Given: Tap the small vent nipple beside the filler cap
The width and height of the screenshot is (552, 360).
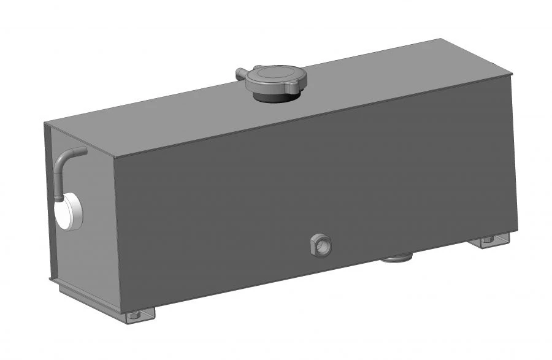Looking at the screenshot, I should (x=241, y=74).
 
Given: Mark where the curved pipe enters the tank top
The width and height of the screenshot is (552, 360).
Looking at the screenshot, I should (x=83, y=150).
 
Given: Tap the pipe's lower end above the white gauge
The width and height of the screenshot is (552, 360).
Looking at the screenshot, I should (x=57, y=197).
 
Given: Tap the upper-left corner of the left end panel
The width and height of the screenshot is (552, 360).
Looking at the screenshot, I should (x=45, y=122).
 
